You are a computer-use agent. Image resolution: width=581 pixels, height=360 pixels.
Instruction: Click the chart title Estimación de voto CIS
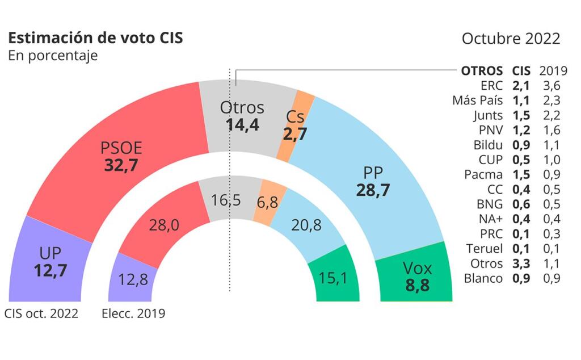tap(95, 39)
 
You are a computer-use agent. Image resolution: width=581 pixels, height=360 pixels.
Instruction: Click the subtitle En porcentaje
tap(52, 56)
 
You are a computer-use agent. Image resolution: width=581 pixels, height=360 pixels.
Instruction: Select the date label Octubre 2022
tap(511, 39)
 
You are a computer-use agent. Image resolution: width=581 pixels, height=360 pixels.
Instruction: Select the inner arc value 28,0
tap(164, 225)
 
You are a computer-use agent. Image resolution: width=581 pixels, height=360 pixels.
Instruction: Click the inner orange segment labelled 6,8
tap(267, 202)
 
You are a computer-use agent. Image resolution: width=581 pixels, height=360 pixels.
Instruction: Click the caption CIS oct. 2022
tap(41, 313)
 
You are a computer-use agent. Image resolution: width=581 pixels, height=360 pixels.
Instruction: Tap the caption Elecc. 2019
tap(133, 313)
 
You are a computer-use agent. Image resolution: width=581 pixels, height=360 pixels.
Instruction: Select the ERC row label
tap(492, 86)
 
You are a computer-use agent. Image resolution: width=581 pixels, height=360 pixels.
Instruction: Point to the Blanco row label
tap(483, 278)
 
